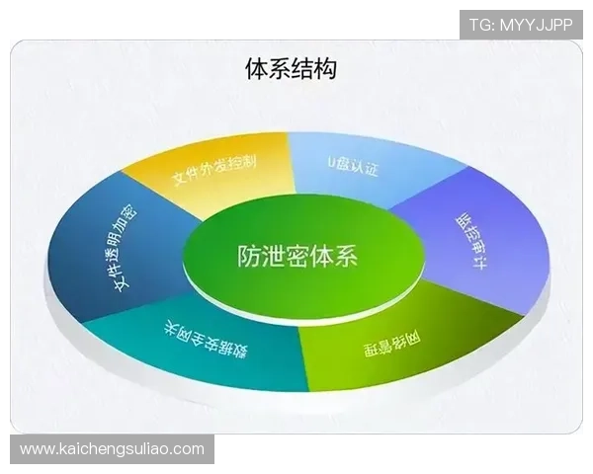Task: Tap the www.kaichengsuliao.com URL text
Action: [113, 449]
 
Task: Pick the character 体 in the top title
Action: [256, 70]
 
